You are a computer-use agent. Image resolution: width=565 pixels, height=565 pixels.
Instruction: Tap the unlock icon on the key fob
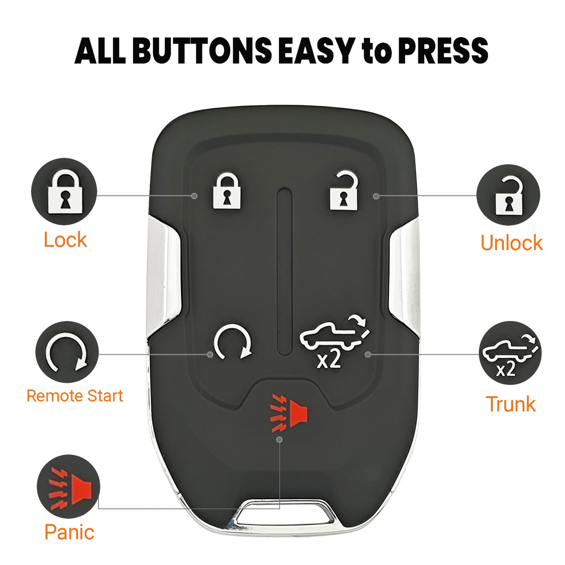tap(344, 191)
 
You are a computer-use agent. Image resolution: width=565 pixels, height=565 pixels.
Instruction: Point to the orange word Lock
tap(65, 240)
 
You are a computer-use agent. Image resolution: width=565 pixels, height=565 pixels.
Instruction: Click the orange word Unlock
tap(511, 243)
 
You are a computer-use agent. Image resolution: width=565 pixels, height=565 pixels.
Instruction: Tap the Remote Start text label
tap(75, 395)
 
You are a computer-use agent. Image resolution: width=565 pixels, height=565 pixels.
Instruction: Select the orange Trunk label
tap(511, 404)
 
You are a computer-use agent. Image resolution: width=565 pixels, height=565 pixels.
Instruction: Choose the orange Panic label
tap(69, 532)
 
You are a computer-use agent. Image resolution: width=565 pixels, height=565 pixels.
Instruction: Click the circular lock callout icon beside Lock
tap(64, 191)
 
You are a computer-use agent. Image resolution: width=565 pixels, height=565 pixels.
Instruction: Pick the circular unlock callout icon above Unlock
tap(508, 196)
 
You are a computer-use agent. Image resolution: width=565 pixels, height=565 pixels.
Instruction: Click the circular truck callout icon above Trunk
tap(510, 353)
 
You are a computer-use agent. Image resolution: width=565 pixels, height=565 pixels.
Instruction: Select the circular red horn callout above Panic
tap(69, 486)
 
